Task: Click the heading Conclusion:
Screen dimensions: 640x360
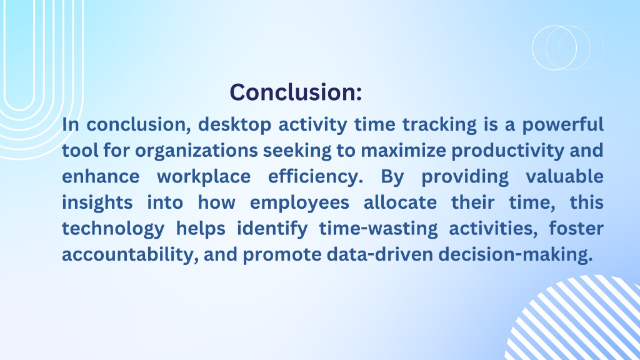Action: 296,92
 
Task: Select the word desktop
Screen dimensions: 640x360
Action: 235,125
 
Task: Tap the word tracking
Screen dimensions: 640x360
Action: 439,125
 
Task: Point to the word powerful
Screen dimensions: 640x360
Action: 563,125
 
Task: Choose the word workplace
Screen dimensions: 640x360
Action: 204,177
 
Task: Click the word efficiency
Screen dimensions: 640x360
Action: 316,177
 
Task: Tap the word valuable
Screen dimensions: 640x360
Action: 564,177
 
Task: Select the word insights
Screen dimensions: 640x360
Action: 97,203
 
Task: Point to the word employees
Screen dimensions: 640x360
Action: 299,203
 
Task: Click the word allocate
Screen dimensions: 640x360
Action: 401,202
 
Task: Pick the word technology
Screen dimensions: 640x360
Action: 114,229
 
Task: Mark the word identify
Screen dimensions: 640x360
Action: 272,229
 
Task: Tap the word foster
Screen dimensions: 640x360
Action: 576,229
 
